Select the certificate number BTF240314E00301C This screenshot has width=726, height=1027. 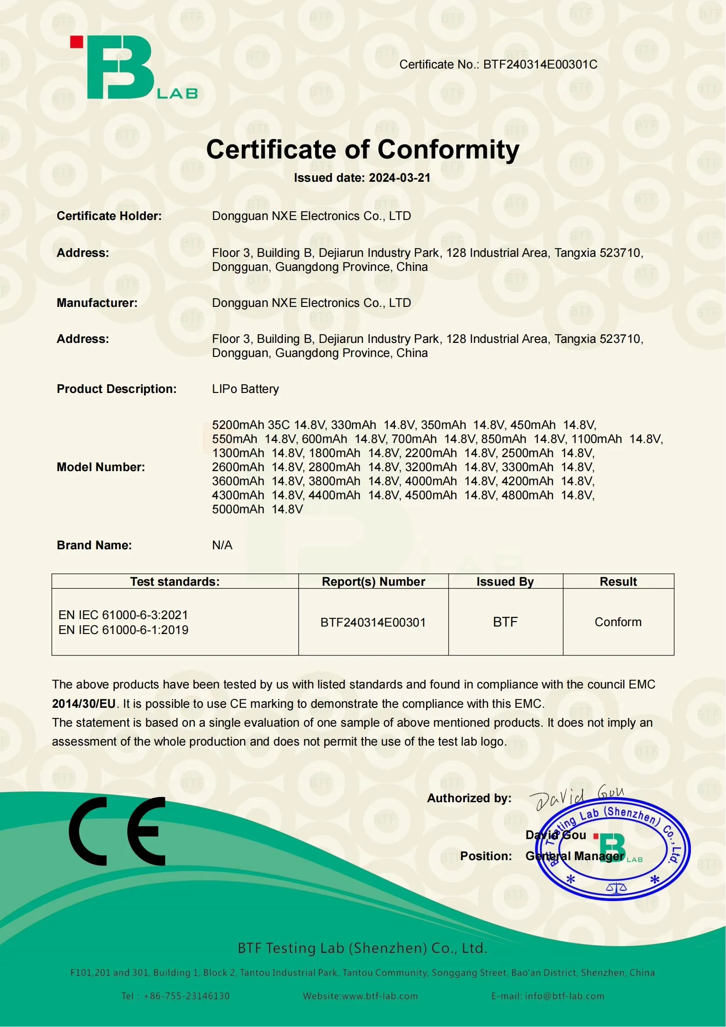coord(540,65)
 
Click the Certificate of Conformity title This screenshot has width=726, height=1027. coord(363,149)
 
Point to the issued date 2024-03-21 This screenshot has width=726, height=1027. coord(399,178)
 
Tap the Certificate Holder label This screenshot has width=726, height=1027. coord(109,216)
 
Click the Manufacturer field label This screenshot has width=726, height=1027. coord(97,303)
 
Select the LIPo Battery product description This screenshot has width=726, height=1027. coord(245,389)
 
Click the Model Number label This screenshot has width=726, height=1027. coord(101,467)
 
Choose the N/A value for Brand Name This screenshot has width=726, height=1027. coord(222,545)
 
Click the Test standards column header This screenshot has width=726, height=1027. coord(175,581)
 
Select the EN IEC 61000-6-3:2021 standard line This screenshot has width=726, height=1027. coord(123,615)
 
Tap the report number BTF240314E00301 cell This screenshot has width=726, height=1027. coord(373,622)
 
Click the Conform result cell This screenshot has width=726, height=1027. coord(618,622)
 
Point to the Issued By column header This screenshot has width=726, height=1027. coord(505,581)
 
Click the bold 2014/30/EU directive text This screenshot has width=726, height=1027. coord(83,703)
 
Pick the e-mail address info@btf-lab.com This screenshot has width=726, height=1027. coord(564,996)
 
